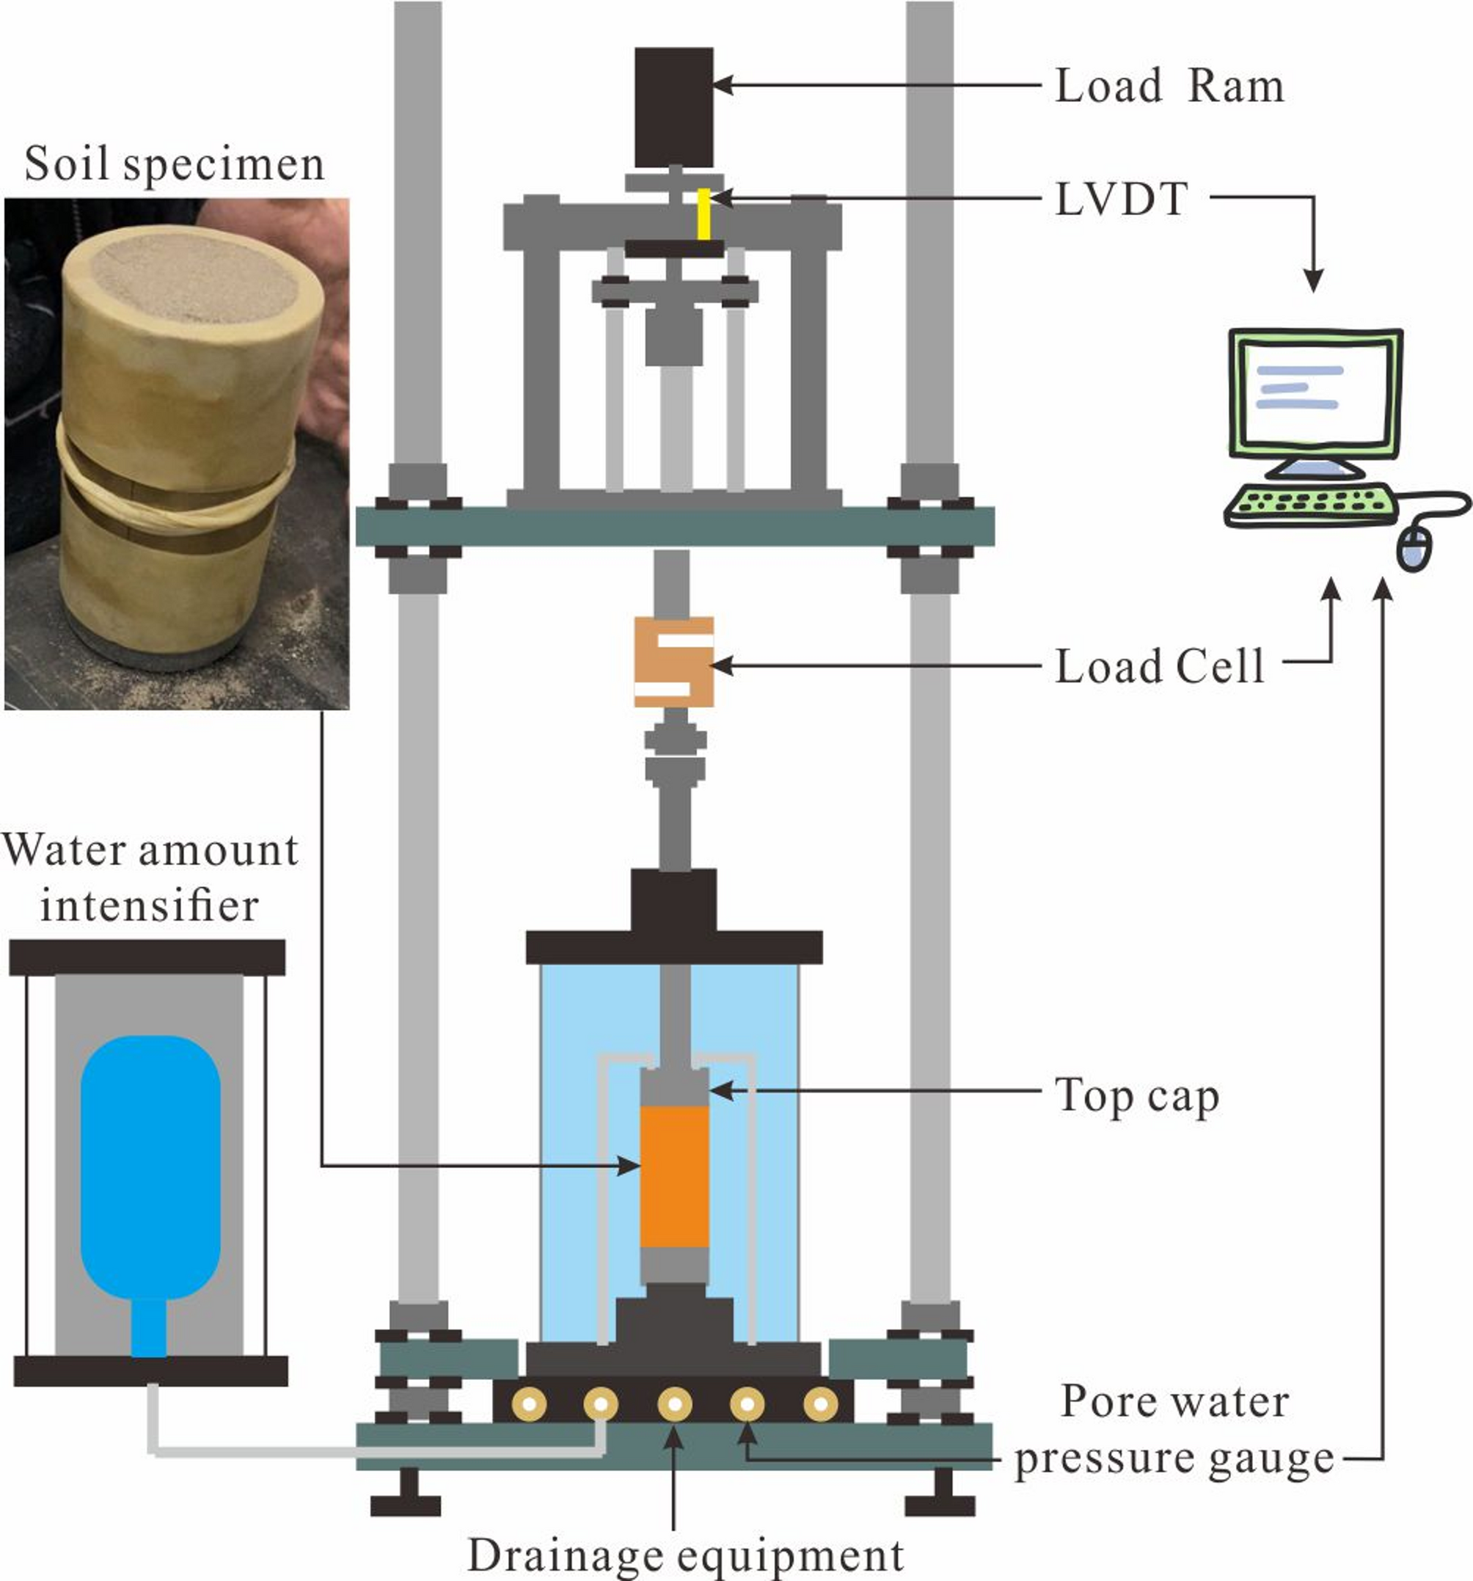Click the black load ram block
point(673,107)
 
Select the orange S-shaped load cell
point(673,662)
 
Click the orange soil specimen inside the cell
point(674,1176)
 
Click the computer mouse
point(1414,549)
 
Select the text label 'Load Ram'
point(1169,86)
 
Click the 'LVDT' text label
point(1122,200)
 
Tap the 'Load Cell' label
point(1159,666)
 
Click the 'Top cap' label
point(1136,1096)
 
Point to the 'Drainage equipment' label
point(685,1555)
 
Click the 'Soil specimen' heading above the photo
point(174,164)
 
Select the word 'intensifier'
point(149,905)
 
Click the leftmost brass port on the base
point(528,1404)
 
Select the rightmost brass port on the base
point(820,1404)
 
